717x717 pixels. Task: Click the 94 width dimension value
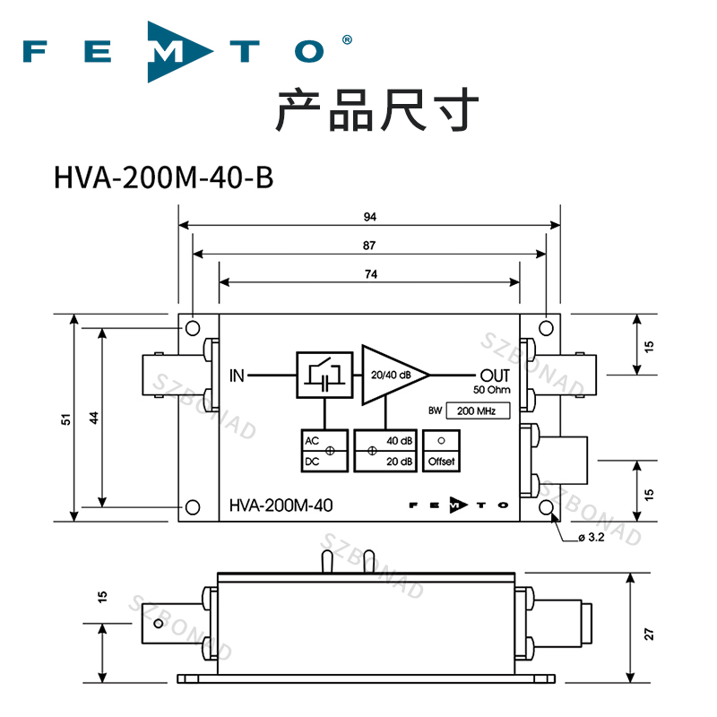(370, 217)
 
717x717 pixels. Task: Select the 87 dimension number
(370, 245)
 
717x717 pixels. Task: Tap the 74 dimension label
(370, 273)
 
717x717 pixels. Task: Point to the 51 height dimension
(66, 419)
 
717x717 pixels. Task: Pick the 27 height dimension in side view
(650, 633)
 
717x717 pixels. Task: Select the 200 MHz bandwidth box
(477, 411)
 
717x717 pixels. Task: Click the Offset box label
(441, 462)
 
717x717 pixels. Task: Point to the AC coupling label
(312, 442)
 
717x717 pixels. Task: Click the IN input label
(237, 375)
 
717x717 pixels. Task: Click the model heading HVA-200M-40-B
(162, 177)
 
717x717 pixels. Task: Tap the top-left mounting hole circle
(193, 328)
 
